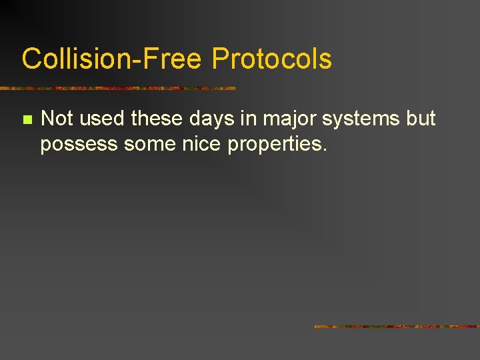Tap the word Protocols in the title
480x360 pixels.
(x=271, y=59)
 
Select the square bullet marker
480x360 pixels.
(x=27, y=120)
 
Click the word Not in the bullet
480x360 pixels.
(x=57, y=119)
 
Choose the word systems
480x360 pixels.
(x=354, y=119)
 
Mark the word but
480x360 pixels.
(x=419, y=119)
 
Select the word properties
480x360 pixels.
(x=274, y=144)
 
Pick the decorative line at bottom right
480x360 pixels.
(x=397, y=327)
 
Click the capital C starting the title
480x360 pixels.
(x=31, y=59)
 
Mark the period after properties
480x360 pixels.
(x=325, y=149)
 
